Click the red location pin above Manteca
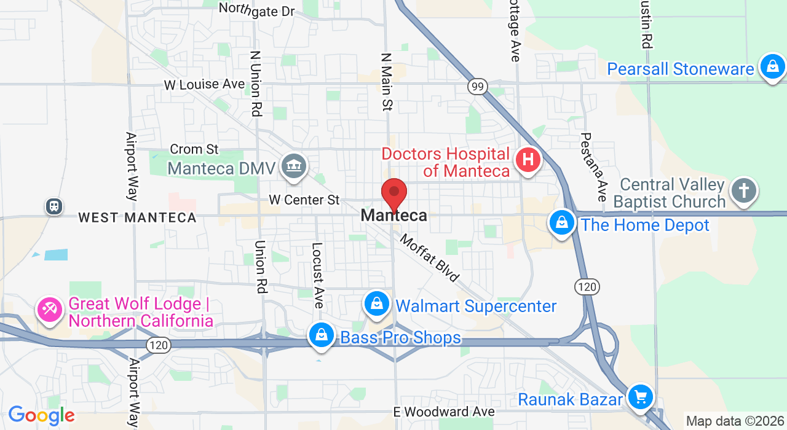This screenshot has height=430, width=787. pyautogui.click(x=394, y=193)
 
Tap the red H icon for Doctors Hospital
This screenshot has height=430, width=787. pyautogui.click(x=528, y=161)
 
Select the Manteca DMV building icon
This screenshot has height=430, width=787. pyautogui.click(x=294, y=166)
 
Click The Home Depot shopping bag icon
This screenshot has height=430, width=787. pyautogui.click(x=562, y=223)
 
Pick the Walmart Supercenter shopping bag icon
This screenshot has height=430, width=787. pyautogui.click(x=377, y=303)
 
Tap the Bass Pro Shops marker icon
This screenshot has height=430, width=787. pyautogui.click(x=321, y=335)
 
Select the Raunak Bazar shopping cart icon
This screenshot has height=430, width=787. pyautogui.click(x=641, y=397)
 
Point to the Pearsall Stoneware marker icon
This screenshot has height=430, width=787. pyautogui.click(x=772, y=66)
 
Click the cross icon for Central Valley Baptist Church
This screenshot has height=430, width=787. pyautogui.click(x=743, y=190)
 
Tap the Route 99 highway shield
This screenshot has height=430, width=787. pyautogui.click(x=477, y=87)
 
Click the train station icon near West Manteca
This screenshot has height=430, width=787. pyautogui.click(x=54, y=206)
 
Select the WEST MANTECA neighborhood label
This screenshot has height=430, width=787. pyautogui.click(x=137, y=217)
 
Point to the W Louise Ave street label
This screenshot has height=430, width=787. pyautogui.click(x=204, y=84)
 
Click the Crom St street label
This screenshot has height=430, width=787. pyautogui.click(x=194, y=149)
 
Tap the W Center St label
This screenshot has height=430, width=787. pyautogui.click(x=304, y=200)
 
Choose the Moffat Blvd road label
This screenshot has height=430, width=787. pyautogui.click(x=430, y=257)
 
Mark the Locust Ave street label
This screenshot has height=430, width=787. pyautogui.click(x=317, y=275)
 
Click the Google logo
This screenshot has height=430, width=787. pyautogui.click(x=41, y=416)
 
